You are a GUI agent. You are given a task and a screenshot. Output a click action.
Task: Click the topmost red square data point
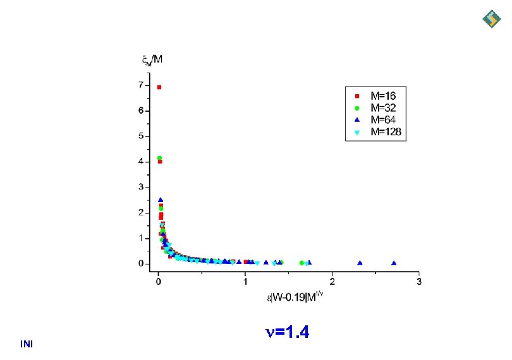coord(159,87)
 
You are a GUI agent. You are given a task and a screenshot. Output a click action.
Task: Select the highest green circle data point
coord(159,158)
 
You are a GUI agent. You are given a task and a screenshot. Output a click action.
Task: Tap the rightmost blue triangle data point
coord(394,263)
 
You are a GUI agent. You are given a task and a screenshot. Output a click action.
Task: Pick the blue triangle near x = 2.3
coord(360,263)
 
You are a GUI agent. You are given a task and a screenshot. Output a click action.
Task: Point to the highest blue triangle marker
coord(161,200)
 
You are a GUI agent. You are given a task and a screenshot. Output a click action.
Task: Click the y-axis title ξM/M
coord(152,60)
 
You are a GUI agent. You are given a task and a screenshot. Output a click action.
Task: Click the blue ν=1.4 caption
coord(286,332)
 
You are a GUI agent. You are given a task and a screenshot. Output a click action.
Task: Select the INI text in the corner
coord(27,344)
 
